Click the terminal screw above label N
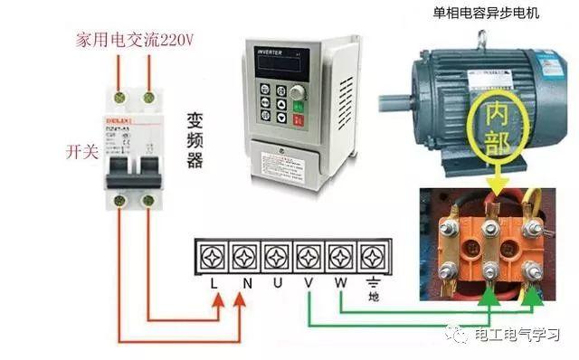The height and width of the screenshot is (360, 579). coord(246,256)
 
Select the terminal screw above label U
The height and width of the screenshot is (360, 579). coord(278,256)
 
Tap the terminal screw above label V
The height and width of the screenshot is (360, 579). coord(309,256)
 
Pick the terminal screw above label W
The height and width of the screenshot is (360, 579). coord(340,256)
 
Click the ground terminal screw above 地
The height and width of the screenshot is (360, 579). coord(371,256)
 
